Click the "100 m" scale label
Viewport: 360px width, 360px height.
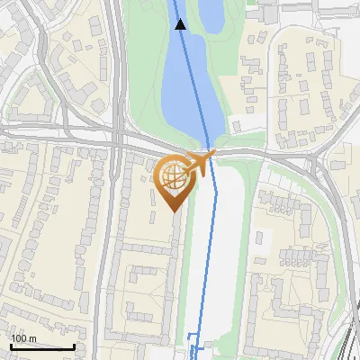[23, 338]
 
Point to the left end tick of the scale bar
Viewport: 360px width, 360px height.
[11, 346]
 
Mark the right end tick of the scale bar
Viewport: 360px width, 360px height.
[74, 346]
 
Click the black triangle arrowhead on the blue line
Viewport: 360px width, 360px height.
[181, 25]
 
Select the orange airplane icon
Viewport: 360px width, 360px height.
[199, 164]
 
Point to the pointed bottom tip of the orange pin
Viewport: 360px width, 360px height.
[175, 211]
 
